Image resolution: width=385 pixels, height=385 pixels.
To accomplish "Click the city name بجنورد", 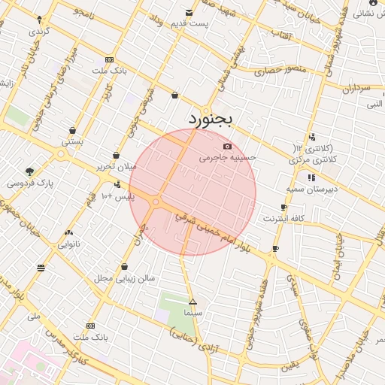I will (x=211, y=119).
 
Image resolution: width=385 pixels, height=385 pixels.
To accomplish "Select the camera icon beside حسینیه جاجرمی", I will (x=228, y=147).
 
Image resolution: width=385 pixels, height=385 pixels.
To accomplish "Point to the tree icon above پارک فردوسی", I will (x=29, y=171).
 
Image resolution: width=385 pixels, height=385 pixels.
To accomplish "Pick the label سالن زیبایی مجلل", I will (x=125, y=277).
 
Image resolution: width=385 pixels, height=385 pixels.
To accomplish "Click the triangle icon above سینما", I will (x=193, y=302).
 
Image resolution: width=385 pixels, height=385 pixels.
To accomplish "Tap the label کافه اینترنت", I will (x=283, y=218).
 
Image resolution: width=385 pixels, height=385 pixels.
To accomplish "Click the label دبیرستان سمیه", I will (x=311, y=189).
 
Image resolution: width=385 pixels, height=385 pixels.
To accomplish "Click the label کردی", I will (x=38, y=32).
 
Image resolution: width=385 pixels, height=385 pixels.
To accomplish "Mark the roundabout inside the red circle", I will (x=156, y=202).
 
